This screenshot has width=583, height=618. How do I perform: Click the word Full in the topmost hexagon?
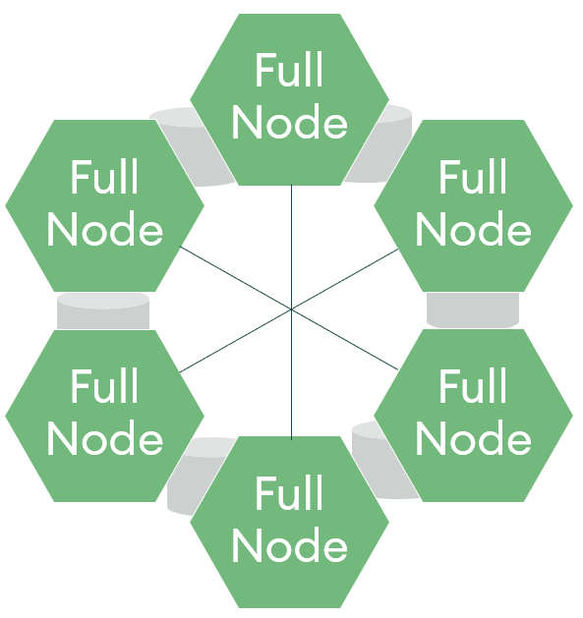[x=289, y=70]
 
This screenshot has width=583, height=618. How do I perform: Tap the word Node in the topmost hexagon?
[x=289, y=122]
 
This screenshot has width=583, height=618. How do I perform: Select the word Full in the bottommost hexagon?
[x=289, y=492]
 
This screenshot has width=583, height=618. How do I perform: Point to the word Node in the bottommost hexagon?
[x=289, y=544]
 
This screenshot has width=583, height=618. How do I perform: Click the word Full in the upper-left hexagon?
[x=104, y=177]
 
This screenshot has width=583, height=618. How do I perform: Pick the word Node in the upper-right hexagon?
[x=473, y=229]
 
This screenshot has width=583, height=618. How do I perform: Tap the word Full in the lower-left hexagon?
[x=104, y=385]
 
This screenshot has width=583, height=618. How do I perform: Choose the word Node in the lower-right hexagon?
[x=473, y=438]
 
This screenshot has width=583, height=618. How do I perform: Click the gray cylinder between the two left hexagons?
[x=103, y=311]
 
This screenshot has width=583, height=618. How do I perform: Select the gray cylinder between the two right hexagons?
[x=473, y=310]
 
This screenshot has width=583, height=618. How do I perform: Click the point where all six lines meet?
[x=291, y=309]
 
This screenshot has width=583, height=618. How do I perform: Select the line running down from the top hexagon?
[x=291, y=247]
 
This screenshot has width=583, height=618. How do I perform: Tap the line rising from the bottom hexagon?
[x=291, y=374]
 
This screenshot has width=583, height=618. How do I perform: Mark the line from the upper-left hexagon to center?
[x=235, y=277]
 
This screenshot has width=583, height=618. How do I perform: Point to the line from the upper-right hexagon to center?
[x=345, y=279]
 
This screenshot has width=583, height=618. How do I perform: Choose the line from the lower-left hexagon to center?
[x=235, y=341]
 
